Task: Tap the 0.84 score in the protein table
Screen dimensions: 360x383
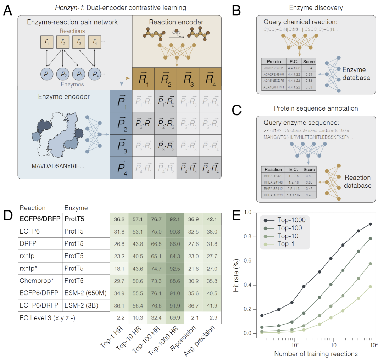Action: click(309, 68)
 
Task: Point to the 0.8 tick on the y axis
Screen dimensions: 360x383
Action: click(250, 237)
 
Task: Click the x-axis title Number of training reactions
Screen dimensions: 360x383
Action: click(316, 353)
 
